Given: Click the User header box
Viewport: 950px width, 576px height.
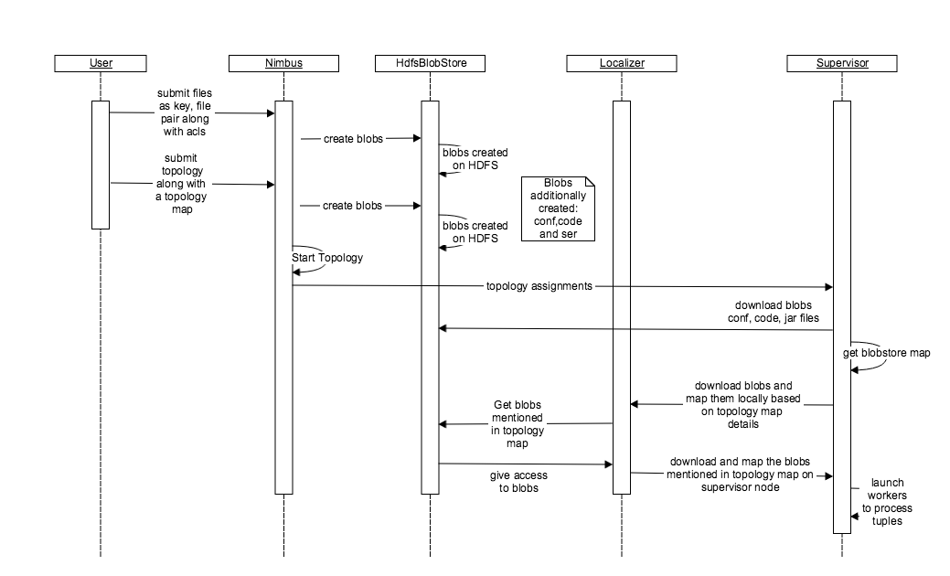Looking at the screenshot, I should coord(101,63).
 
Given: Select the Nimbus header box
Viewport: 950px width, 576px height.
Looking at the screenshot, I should coord(283,63).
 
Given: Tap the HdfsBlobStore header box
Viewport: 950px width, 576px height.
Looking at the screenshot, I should coord(430,63).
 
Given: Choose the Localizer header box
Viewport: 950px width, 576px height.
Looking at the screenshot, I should coord(621,63).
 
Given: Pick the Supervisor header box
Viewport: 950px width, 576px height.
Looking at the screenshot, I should coord(842,63).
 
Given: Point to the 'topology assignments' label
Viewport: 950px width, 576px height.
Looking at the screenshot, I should coord(539,286).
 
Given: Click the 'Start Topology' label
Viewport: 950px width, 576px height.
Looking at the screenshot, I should coord(328,258).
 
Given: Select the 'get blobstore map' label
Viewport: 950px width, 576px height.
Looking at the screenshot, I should coord(887,352).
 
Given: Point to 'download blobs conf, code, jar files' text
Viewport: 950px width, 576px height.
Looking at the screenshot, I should coord(776,312).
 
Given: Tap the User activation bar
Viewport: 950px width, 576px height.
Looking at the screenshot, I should coord(101,165).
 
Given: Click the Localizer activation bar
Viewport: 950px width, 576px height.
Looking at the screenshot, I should coord(622,297).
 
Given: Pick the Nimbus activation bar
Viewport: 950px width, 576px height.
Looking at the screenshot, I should coord(283,297).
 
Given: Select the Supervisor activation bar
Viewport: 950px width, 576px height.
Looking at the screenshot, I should coord(842,315).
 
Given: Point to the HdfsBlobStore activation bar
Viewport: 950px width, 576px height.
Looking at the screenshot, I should coord(430,297).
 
